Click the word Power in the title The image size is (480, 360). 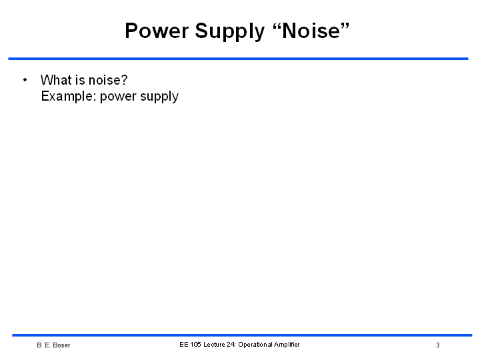click(x=157, y=31)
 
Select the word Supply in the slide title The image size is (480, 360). click(x=229, y=32)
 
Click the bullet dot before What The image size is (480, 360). click(x=25, y=80)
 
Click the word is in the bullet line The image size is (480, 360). click(x=80, y=80)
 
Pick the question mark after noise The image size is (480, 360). click(x=124, y=80)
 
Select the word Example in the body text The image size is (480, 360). click(x=69, y=97)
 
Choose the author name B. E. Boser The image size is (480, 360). click(x=53, y=345)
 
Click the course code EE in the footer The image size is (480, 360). click(x=184, y=345)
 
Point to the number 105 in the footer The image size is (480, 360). click(x=195, y=345)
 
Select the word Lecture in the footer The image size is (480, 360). click(x=214, y=345)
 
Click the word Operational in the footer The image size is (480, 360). click(x=255, y=345)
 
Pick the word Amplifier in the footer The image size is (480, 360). click(x=287, y=345)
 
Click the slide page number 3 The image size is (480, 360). click(x=438, y=345)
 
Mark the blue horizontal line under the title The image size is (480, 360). click(x=238, y=59)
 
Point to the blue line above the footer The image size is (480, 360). click(x=242, y=335)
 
